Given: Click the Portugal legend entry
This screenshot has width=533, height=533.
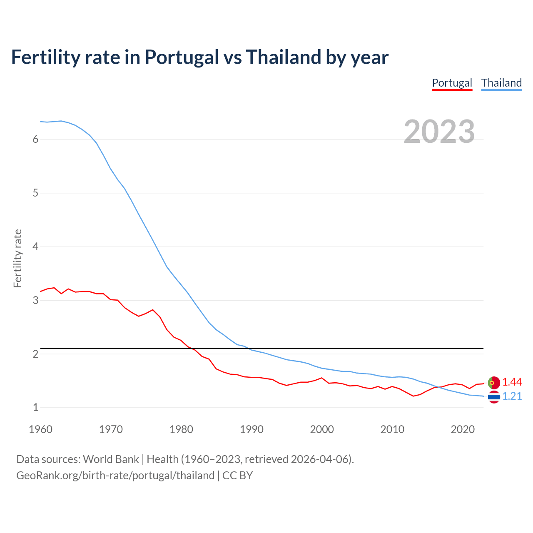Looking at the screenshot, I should [x=452, y=83].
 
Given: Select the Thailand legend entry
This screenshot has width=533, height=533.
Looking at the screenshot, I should [x=501, y=83].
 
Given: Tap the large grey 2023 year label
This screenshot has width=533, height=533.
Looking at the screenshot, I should [x=439, y=132].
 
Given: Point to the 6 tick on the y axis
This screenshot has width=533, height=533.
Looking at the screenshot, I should [x=35, y=139].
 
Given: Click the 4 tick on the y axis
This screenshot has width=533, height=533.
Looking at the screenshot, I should [x=35, y=247].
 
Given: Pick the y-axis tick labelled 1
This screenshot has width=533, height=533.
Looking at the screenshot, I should [x=35, y=408].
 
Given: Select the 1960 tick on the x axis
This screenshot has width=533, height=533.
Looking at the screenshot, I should [x=40, y=429].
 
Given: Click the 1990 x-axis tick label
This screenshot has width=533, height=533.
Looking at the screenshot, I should [x=252, y=429].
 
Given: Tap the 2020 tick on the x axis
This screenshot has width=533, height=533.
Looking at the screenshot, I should [x=463, y=429].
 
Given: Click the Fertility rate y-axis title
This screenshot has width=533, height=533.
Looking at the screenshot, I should [x=17, y=258].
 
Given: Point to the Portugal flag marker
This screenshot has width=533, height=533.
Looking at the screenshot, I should [x=493, y=382].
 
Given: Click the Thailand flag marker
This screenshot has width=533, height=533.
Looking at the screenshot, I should [x=493, y=397].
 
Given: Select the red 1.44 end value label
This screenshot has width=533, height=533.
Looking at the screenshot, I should [x=512, y=382].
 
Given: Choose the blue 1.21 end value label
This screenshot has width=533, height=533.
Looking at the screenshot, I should [x=512, y=396].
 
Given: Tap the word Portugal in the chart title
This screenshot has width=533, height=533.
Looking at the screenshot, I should [x=182, y=57].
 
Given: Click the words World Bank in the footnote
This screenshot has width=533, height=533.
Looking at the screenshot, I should [x=111, y=459].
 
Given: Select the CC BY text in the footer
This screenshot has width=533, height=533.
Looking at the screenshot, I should [x=237, y=476].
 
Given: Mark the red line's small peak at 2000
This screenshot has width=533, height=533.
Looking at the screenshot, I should [x=321, y=378].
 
